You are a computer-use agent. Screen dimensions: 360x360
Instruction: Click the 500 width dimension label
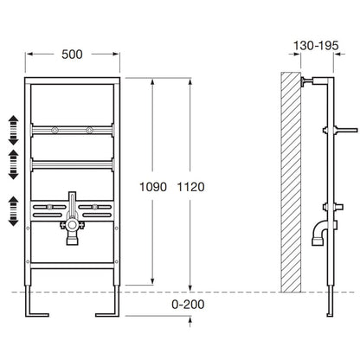pos(72,55)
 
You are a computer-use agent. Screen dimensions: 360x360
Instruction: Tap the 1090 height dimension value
pos(153,187)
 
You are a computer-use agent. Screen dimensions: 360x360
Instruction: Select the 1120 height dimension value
pos(190,187)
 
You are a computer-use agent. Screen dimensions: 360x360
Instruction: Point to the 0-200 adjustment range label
pos(188,305)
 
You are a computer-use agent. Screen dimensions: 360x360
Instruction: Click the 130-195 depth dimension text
pos(316,46)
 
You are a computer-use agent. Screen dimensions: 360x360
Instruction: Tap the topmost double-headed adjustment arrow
pos(13,130)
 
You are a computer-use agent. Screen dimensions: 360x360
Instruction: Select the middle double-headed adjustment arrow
pos(13,164)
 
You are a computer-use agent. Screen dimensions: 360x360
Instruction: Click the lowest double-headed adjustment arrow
pos(13,211)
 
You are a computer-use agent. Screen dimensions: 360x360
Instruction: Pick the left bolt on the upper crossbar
pos(55,130)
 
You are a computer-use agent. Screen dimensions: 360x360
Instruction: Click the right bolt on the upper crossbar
pos(90,130)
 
